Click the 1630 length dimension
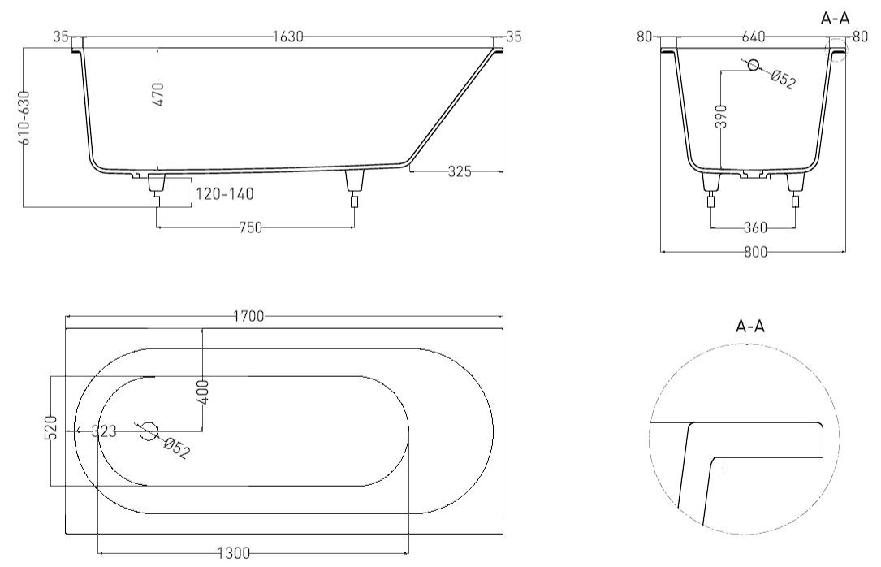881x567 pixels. (x=287, y=37)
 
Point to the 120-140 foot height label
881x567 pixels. (x=224, y=194)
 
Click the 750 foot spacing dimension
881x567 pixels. (x=251, y=227)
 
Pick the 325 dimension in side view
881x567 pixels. (x=460, y=171)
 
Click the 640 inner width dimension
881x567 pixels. (x=754, y=37)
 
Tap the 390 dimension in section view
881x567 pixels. (x=722, y=116)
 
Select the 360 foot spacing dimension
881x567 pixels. (x=755, y=227)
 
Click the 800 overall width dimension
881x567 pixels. (x=755, y=253)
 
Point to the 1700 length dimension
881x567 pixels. (x=248, y=316)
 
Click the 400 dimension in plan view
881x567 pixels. (x=203, y=392)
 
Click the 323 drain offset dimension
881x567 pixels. (x=103, y=431)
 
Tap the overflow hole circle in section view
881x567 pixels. (x=753, y=65)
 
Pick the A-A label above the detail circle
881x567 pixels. (x=750, y=326)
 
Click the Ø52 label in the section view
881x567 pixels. (x=782, y=79)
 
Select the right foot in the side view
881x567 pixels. (x=354, y=188)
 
